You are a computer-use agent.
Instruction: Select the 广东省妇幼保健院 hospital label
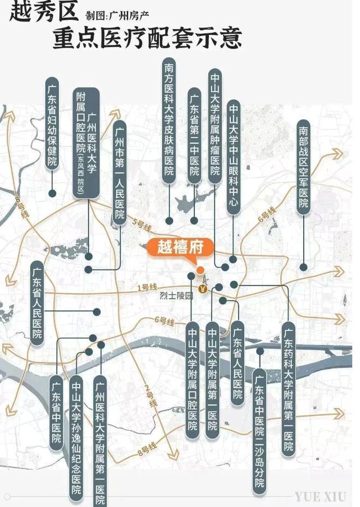click(x=52, y=124)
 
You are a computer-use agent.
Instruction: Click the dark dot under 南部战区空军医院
click(x=303, y=267)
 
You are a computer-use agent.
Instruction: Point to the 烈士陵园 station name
click(x=176, y=297)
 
